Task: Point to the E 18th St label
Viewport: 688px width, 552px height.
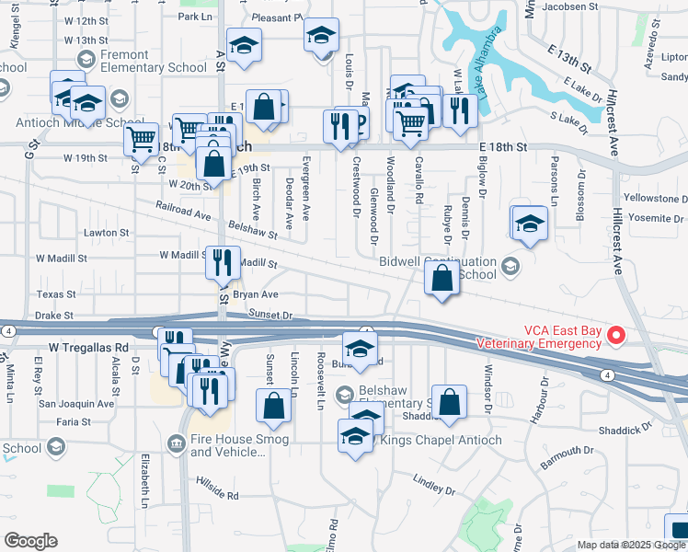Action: (x=502, y=146)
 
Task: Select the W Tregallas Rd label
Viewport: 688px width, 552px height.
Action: (x=87, y=348)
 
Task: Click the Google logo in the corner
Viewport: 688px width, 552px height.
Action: (x=30, y=541)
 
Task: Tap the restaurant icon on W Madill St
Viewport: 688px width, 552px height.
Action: (x=223, y=261)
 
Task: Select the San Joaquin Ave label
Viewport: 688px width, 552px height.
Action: (x=75, y=403)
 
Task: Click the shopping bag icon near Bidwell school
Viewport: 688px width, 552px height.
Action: (x=442, y=277)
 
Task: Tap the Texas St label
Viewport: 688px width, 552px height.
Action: (x=55, y=294)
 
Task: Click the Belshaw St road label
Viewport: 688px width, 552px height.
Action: (x=252, y=234)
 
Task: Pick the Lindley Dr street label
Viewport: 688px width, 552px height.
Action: (x=434, y=482)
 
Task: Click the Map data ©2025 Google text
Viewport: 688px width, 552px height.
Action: (x=631, y=545)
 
